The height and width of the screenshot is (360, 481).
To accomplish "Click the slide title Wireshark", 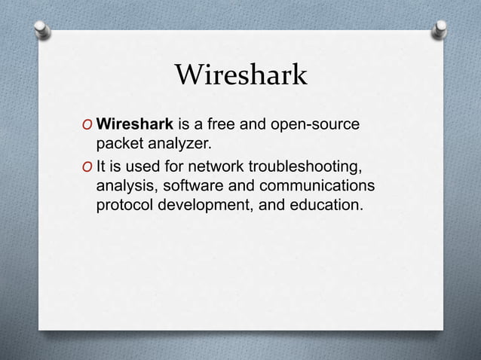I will [x=240, y=75].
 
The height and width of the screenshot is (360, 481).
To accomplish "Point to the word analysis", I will [x=125, y=185].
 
